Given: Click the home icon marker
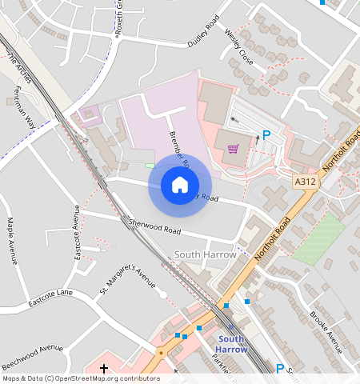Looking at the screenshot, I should point(180,186).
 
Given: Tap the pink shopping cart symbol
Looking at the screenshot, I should point(233,148).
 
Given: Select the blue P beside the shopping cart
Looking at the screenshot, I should point(267,136).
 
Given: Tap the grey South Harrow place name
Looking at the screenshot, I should point(205,254).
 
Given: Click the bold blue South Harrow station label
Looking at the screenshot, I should point(233,344).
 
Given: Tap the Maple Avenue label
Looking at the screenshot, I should point(11,241).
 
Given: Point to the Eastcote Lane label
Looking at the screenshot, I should point(50,298).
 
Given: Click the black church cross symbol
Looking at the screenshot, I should point(104,369).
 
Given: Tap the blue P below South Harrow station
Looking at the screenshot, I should point(280,369).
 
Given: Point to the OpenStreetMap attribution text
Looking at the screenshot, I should point(80,378).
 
